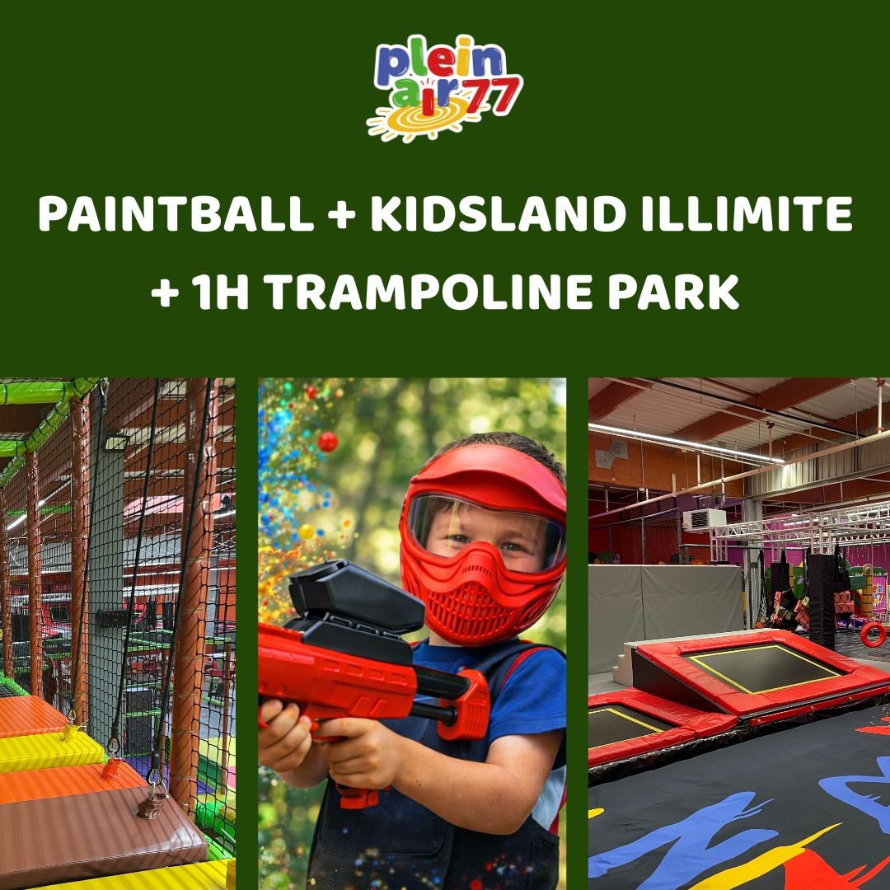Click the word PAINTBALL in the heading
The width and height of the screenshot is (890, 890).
(174, 215)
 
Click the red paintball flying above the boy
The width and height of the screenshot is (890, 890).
(328, 442)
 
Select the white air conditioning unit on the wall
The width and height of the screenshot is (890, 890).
(704, 519)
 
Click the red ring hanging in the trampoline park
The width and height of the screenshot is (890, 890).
(873, 634)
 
